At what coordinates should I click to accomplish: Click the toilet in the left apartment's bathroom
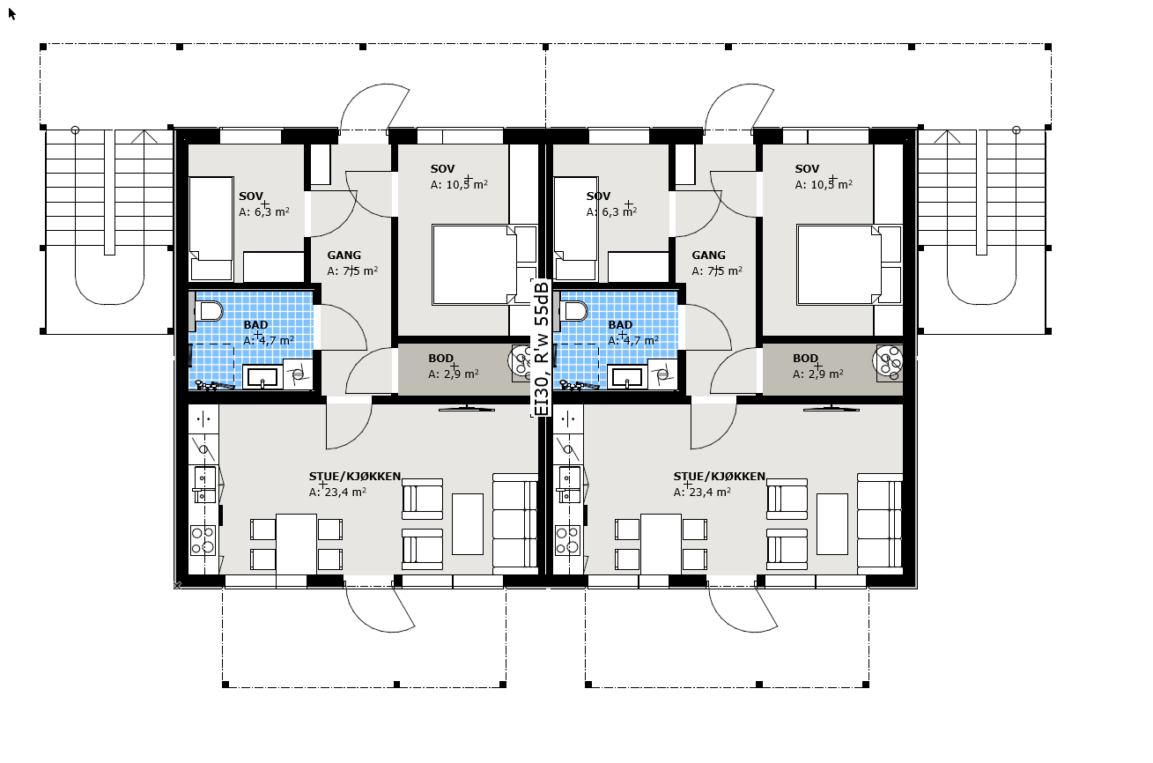click(x=209, y=312)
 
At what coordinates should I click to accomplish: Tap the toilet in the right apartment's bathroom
click(x=573, y=312)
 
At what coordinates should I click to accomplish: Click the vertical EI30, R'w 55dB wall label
click(x=541, y=349)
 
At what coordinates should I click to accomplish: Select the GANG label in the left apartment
click(x=344, y=256)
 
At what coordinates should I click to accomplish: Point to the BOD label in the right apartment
click(x=805, y=359)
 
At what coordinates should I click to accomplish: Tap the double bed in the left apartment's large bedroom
click(x=474, y=264)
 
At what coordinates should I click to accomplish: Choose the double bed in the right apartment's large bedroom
click(x=839, y=264)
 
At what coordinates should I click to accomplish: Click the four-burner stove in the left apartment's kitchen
click(x=203, y=540)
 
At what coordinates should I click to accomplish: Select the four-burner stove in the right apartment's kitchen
click(x=567, y=540)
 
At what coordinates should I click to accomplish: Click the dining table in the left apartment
click(x=296, y=544)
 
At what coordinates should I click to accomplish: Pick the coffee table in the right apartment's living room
click(x=832, y=524)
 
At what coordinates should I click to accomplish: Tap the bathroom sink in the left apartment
click(x=262, y=377)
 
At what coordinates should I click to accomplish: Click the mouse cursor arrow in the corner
click(x=12, y=14)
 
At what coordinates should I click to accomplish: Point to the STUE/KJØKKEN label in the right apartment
click(x=719, y=477)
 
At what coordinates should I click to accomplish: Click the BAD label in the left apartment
click(x=255, y=325)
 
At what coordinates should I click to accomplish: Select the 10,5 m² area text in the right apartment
click(x=831, y=184)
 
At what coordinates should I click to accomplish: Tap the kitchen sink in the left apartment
click(x=205, y=485)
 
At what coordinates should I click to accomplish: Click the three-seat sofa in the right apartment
click(x=880, y=523)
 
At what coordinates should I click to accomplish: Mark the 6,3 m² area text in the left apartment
click(x=272, y=212)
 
